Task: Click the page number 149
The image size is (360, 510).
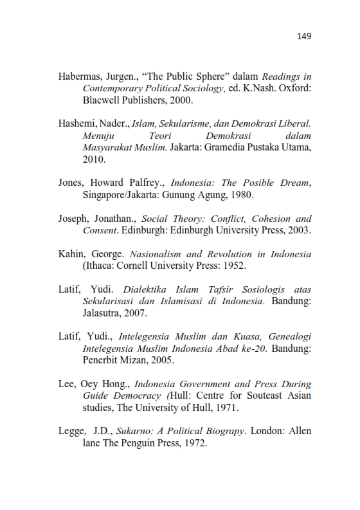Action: coord(304,36)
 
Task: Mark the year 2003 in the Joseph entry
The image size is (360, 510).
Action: coord(298,230)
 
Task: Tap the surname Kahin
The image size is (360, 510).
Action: coord(71,253)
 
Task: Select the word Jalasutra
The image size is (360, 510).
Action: coord(104,313)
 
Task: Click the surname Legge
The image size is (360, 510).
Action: coord(72,431)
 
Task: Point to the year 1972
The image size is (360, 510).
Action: coord(194,442)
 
